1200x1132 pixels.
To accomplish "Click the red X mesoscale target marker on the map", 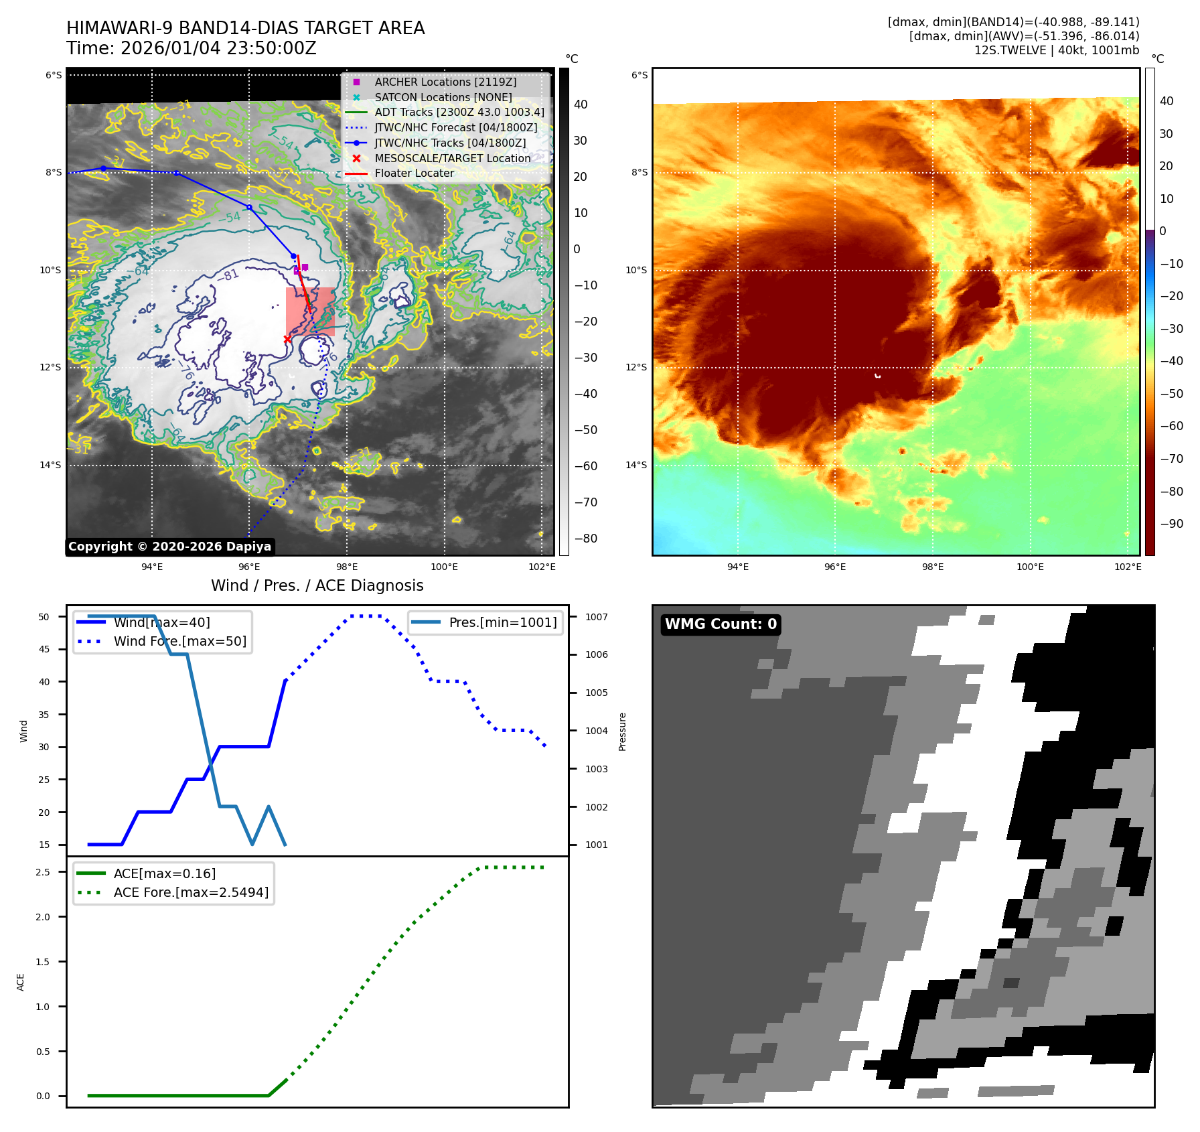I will (x=287, y=339).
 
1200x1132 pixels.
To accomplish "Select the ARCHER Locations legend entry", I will (x=445, y=82).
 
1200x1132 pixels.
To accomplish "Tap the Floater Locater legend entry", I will (x=414, y=173).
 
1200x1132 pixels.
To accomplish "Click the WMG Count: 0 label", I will (x=721, y=624).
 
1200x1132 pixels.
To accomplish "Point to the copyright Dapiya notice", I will (x=169, y=547).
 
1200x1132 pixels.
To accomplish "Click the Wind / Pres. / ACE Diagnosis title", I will (x=317, y=585).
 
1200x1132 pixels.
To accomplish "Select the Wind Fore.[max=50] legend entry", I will (x=179, y=641).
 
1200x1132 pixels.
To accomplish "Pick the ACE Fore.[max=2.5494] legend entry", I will (x=191, y=892).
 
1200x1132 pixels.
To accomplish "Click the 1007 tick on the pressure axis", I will (x=596, y=617).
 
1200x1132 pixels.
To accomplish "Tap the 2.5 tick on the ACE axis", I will (x=43, y=872).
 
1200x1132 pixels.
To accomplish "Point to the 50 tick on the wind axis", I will (x=44, y=617).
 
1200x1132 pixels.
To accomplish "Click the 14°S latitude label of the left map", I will (x=50, y=465).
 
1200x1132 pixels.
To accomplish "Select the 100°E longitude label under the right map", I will (x=1030, y=567).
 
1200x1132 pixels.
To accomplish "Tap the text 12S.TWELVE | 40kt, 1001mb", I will (x=1056, y=50).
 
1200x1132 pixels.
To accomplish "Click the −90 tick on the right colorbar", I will (x=1171, y=524).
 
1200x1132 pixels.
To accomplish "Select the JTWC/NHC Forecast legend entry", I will (x=455, y=127).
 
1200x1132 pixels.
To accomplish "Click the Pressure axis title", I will (x=622, y=731).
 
